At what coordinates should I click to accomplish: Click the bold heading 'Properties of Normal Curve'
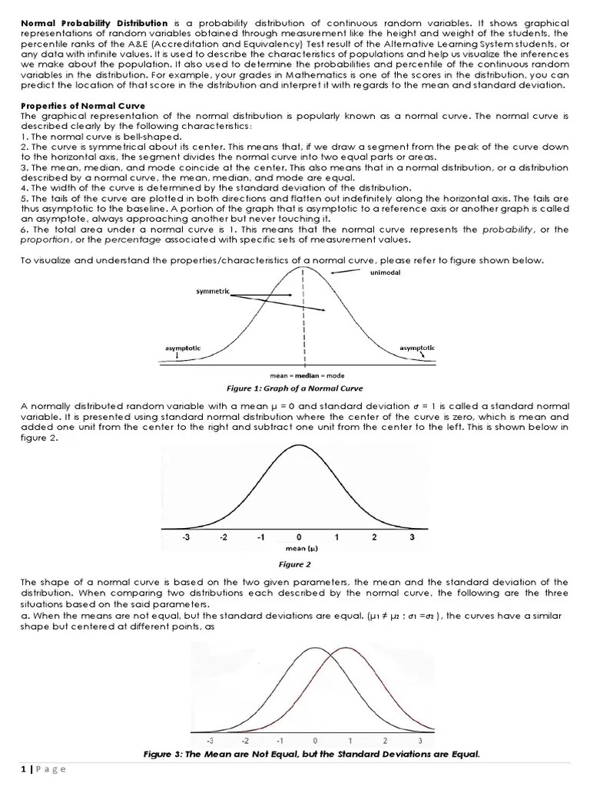pos(83,105)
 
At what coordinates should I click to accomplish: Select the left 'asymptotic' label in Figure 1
pos(183,348)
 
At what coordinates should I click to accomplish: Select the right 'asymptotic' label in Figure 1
pos(416,348)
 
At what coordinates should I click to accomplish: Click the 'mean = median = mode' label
pos(307,375)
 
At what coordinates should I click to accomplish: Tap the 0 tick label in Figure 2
pos(299,537)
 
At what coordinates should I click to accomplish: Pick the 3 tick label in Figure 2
pos(412,537)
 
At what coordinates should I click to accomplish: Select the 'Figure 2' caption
pos(295,564)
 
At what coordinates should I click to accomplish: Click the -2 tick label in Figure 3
pos(245,741)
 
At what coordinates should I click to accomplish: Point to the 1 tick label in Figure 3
pos(350,741)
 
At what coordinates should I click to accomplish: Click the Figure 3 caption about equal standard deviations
pos(311,754)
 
